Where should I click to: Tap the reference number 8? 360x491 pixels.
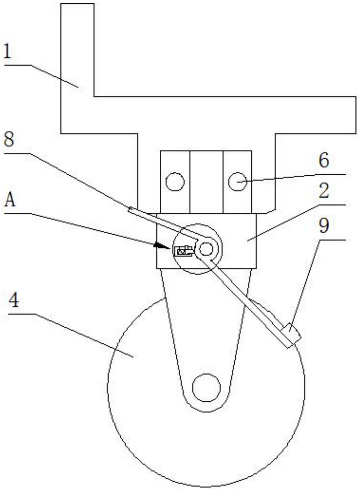coord(9,140)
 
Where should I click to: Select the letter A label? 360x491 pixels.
coord(10,200)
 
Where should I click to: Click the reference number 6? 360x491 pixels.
coord(324,160)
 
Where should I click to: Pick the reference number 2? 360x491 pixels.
coord(324,191)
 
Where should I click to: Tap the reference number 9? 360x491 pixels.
coord(324,226)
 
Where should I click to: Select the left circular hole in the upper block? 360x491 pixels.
coord(175,182)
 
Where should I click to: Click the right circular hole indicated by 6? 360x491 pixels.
coord(237,181)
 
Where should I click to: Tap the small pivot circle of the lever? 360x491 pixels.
coord(206,249)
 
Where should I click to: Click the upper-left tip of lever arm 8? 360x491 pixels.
coord(130,210)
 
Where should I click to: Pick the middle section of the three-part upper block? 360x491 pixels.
coord(206,182)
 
